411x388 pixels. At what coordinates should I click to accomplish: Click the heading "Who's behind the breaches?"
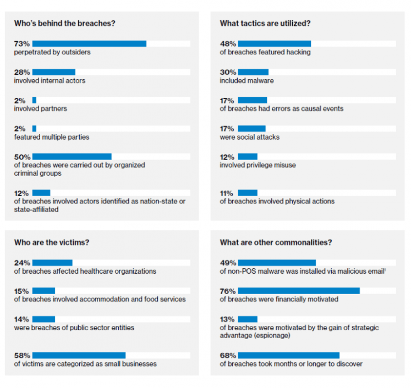64,24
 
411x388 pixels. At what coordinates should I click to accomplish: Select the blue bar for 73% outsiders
89,43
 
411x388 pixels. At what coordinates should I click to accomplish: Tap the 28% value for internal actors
22,72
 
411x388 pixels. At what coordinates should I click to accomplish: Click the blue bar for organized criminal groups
72,157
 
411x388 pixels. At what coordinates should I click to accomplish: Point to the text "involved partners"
41,109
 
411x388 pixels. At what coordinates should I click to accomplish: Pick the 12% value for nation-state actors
22,193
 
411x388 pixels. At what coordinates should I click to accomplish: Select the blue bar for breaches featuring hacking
274,43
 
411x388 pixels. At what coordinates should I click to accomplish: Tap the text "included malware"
246,81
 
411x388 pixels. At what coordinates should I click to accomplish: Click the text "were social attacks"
249,137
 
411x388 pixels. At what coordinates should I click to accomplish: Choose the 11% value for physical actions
227,193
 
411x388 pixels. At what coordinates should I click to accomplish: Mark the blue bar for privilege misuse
248,157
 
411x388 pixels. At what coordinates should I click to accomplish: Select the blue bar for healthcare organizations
52,263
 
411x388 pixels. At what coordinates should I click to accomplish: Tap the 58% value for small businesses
22,356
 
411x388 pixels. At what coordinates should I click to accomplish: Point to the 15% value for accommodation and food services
22,291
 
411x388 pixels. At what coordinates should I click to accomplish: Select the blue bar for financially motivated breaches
299,291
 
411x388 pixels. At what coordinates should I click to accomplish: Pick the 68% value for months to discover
228,356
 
